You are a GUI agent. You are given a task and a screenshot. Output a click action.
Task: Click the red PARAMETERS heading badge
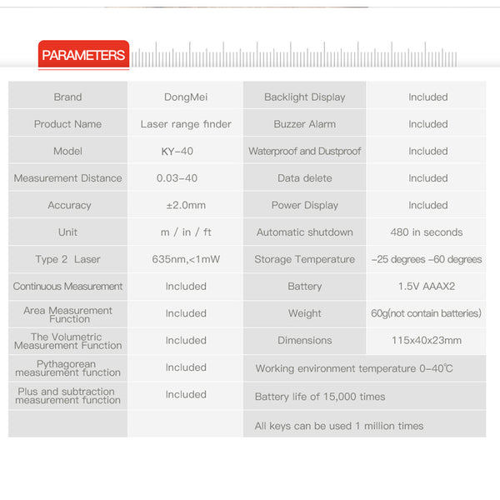(x=83, y=55)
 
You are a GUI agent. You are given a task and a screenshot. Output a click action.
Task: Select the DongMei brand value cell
(x=186, y=97)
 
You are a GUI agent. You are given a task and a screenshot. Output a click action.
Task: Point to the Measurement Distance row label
(x=67, y=178)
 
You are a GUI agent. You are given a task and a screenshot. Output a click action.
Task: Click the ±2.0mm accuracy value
(x=186, y=205)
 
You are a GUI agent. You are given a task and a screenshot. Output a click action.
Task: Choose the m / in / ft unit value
(x=186, y=232)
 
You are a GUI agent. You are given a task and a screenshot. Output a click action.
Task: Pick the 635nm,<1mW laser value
(x=186, y=259)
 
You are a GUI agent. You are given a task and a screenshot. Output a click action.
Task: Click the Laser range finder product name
(x=186, y=124)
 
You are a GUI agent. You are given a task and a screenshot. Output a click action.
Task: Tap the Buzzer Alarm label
(x=304, y=124)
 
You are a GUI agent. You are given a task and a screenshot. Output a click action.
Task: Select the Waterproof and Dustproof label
(x=304, y=151)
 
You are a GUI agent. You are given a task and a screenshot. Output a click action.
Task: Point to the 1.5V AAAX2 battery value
(x=427, y=286)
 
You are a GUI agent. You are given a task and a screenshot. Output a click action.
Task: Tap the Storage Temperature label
(x=304, y=259)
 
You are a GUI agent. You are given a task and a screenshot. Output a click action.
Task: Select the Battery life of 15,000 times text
(x=320, y=397)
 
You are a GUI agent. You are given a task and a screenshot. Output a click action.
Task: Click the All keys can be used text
(x=339, y=426)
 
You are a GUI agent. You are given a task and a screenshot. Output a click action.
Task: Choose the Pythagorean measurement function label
(x=67, y=368)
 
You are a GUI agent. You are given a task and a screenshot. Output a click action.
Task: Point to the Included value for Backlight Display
(x=427, y=97)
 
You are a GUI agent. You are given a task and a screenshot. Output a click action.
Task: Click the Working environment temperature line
(x=354, y=368)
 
